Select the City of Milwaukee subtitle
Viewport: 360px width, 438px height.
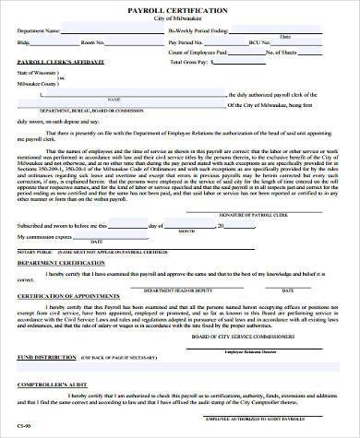180,18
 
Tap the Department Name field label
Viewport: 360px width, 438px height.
38,30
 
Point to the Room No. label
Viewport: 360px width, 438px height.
92,42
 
